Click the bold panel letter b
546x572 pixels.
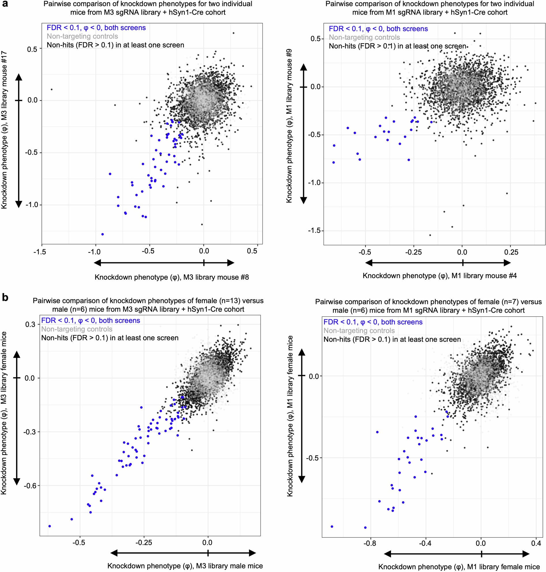click(5, 298)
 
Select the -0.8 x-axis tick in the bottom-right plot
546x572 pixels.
click(370, 543)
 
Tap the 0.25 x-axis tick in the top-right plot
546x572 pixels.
click(511, 252)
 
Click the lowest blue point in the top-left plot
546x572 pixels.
click(103, 234)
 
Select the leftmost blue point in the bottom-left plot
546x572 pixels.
click(50, 526)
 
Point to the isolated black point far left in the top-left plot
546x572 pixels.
click(52, 89)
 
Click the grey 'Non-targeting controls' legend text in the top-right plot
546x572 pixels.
click(364, 37)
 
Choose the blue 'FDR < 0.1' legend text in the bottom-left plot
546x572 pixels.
click(90, 321)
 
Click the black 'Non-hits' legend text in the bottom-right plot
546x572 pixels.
click(392, 340)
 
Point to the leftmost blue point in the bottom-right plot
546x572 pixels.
click(332, 526)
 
